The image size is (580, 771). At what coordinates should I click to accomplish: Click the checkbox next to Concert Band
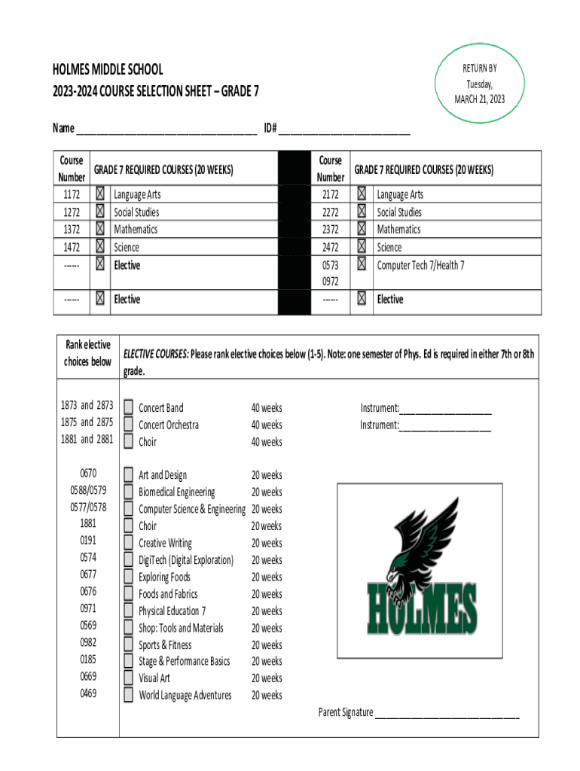pos(129,408)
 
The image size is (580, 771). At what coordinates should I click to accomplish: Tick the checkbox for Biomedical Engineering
pos(129,492)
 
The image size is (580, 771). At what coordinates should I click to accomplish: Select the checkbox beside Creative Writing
pos(129,544)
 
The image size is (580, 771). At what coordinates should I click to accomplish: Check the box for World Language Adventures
pos(129,695)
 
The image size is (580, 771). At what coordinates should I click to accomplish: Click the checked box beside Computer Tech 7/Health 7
pos(362,264)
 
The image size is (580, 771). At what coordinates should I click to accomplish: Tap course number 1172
pos(72,194)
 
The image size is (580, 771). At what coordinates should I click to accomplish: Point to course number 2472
pos(330,247)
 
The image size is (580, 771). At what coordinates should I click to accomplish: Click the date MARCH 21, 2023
pos(479,99)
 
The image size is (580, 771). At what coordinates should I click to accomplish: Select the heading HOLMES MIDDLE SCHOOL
pos(108,70)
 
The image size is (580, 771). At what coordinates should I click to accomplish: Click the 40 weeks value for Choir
pos(267,442)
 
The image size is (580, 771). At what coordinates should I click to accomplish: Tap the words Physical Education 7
pos(172,611)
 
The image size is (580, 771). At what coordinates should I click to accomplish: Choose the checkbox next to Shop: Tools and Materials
pos(129,628)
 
